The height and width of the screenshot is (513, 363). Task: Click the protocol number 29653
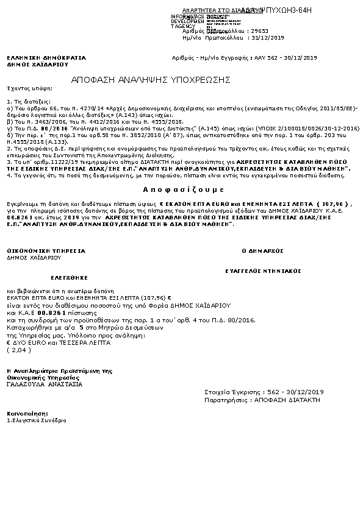(260, 30)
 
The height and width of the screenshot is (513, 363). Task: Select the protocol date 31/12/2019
(268, 37)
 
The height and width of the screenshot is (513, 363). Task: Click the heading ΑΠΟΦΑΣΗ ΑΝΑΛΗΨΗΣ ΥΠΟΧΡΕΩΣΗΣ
(150, 80)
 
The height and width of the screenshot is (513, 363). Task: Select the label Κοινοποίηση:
(24, 413)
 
